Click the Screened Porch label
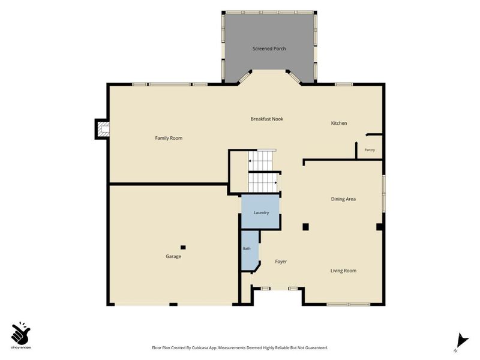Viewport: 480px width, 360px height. click(x=269, y=49)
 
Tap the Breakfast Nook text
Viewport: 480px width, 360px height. click(x=267, y=119)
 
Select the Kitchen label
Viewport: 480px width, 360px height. click(x=339, y=123)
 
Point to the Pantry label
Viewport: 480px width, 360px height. click(x=370, y=150)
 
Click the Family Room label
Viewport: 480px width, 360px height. click(x=169, y=138)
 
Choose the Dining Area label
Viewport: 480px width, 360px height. click(x=343, y=199)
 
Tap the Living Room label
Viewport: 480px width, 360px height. click(x=343, y=271)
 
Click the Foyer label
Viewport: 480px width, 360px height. click(x=281, y=262)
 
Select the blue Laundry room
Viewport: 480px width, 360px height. click(x=260, y=212)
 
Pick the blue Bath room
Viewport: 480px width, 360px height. click(x=250, y=250)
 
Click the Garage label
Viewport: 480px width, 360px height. click(x=173, y=257)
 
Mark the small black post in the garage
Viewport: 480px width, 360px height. click(x=183, y=247)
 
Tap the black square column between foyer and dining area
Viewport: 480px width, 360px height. click(x=305, y=227)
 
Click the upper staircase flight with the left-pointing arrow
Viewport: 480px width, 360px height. click(x=260, y=160)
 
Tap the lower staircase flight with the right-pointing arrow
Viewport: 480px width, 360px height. click(x=263, y=183)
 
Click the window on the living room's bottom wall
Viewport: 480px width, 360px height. click(x=349, y=304)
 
